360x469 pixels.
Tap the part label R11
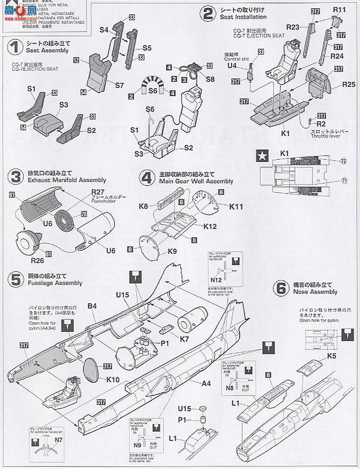(339, 10)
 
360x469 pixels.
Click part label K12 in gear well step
(209, 226)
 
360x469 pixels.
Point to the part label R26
(37, 260)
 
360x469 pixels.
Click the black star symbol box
(263, 155)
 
